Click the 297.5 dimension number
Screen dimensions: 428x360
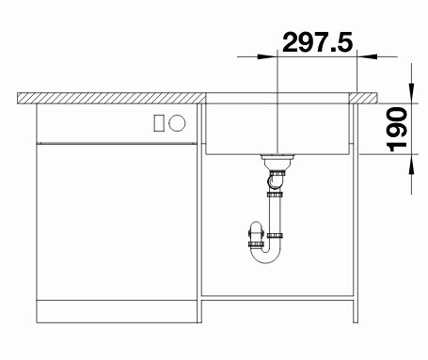(x=317, y=42)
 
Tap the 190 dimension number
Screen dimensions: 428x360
(x=396, y=129)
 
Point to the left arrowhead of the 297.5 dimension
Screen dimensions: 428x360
(x=267, y=56)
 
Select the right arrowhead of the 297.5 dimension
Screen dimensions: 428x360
(x=367, y=56)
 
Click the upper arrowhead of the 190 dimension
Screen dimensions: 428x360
(x=411, y=93)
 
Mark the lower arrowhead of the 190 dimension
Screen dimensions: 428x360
(x=411, y=164)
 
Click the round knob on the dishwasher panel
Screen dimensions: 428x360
(x=177, y=123)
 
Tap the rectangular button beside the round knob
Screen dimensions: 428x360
(x=159, y=123)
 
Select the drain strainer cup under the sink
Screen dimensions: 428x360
(x=277, y=162)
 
